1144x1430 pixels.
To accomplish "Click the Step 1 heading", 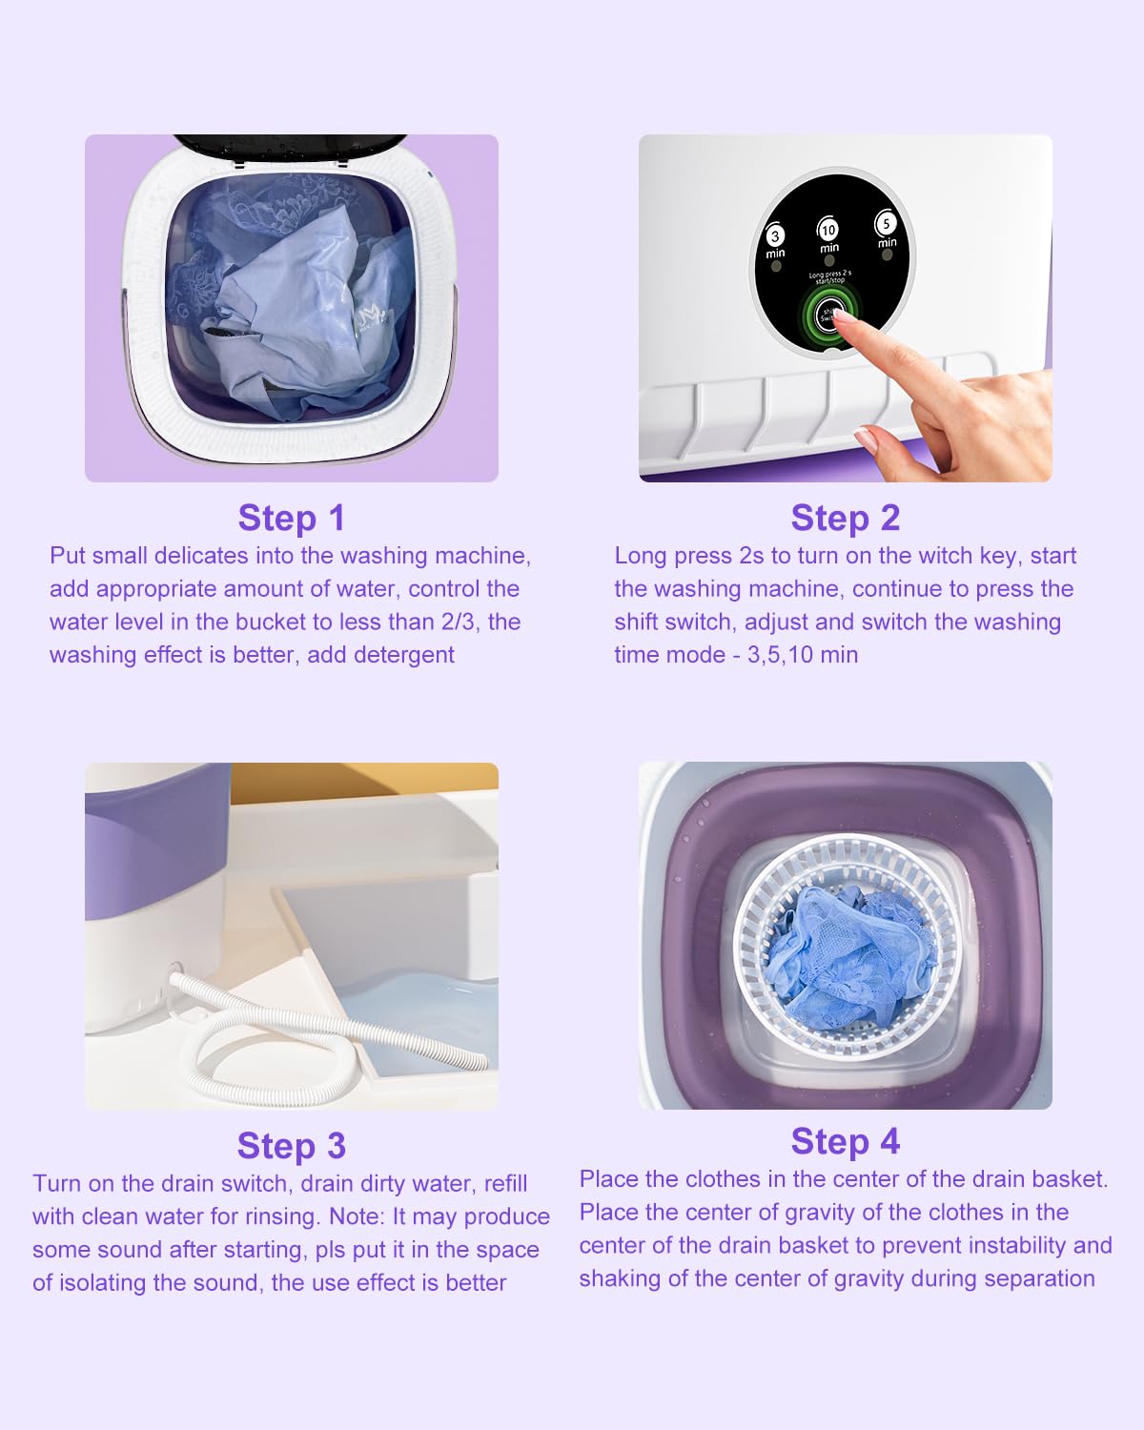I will (291, 518).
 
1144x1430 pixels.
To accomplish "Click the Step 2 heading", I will (845, 518).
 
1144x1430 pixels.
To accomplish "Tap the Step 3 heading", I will (291, 1146).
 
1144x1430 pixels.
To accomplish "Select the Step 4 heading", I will (845, 1141).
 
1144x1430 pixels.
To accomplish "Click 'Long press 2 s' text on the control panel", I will (829, 275).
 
